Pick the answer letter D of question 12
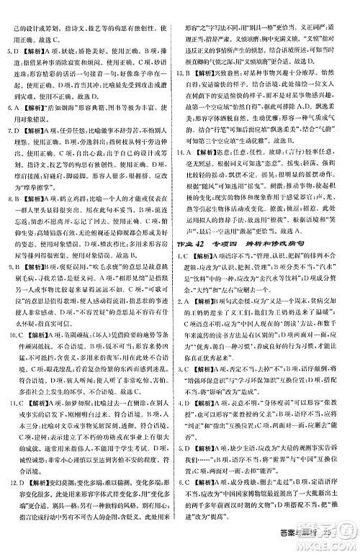click(22, 478)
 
